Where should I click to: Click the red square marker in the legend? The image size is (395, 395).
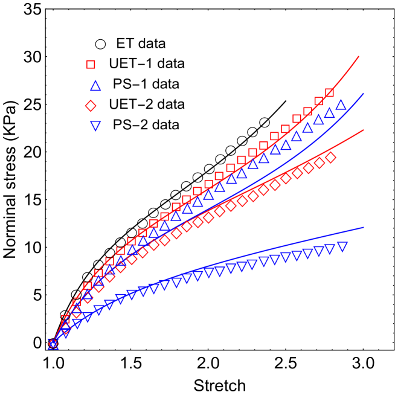click(91, 64)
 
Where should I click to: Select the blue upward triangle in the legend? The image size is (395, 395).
click(95, 86)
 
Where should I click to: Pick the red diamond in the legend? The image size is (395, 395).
click(91, 106)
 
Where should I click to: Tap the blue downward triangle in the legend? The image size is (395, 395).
click(95, 126)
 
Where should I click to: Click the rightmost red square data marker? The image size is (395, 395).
click(329, 93)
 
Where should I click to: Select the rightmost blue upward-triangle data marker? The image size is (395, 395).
click(341, 105)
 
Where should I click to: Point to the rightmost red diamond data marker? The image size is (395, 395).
click(330, 158)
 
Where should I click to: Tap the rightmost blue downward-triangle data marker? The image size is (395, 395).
click(342, 246)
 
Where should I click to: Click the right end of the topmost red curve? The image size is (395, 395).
click(359, 57)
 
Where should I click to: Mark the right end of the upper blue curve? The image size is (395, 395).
click(364, 94)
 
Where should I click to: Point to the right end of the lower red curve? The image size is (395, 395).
click(364, 130)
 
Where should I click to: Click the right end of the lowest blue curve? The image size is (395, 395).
click(364, 227)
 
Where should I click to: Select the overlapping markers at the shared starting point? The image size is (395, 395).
click(53, 344)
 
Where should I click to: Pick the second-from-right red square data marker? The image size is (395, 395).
click(318, 101)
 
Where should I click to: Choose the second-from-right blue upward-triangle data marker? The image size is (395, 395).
click(329, 113)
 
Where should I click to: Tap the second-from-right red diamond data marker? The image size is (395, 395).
click(320, 163)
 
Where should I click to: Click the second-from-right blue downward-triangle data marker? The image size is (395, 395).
click(330, 249)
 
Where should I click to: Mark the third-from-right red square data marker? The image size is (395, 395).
click(307, 112)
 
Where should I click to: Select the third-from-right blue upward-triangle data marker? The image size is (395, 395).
click(318, 120)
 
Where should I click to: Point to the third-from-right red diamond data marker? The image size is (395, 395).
click(309, 168)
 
